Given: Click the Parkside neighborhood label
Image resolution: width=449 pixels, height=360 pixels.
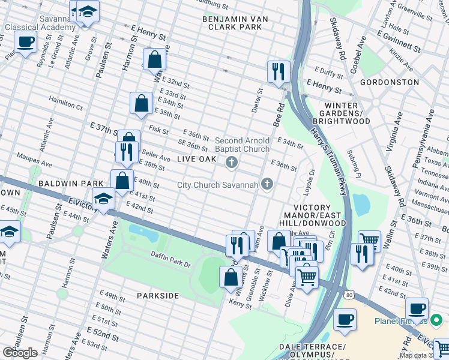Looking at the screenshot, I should pyautogui.click(x=157, y=296).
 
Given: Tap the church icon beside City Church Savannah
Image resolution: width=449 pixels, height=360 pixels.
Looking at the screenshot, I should pyautogui.click(x=268, y=184).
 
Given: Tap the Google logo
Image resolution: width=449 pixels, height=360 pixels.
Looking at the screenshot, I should pyautogui.click(x=20, y=353).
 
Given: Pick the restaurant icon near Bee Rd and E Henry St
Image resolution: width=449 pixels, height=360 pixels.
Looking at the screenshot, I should pyautogui.click(x=278, y=71).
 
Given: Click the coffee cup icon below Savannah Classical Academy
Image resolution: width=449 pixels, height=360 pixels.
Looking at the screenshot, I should pyautogui.click(x=25, y=43).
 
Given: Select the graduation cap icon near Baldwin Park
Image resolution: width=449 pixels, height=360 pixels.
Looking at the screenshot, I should pyautogui.click(x=103, y=199).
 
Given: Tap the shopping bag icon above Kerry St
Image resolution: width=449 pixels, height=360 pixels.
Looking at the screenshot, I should pyautogui.click(x=231, y=277).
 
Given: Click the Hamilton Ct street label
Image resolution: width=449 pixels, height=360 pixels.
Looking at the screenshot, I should pyautogui.click(x=65, y=103).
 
